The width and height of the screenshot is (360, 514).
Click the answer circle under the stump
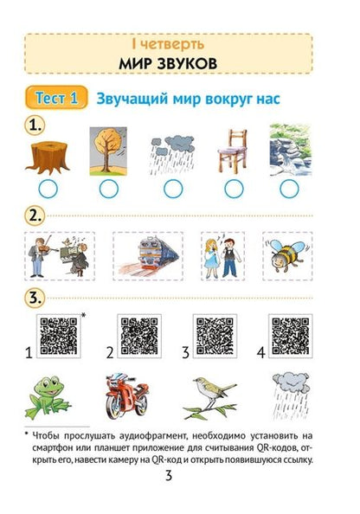(x=48, y=189)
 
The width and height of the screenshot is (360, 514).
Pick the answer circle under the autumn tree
(x=108, y=189)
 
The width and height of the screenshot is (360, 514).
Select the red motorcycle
(x=125, y=395)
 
